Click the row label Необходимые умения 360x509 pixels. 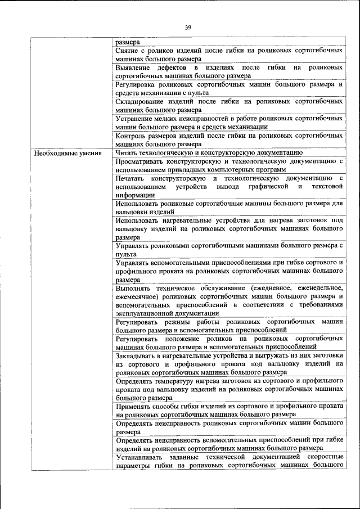pyautogui.click(x=68, y=152)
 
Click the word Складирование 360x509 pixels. pyautogui.click(x=141, y=101)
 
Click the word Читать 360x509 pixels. pyautogui.click(x=127, y=152)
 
